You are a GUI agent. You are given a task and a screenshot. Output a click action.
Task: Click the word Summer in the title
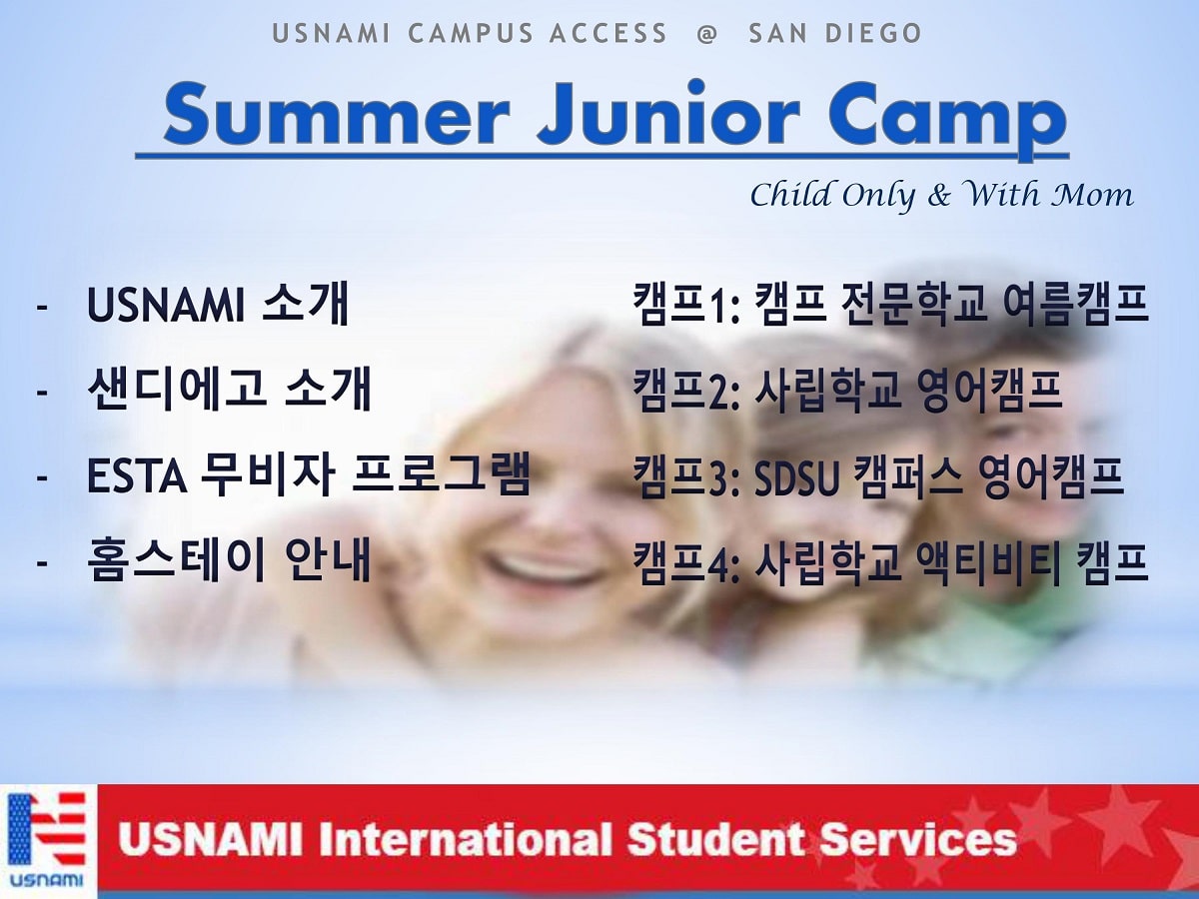pos(337,116)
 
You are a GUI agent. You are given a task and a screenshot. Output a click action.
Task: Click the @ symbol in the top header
pos(706,34)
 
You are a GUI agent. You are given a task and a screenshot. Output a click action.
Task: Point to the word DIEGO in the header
pos(873,33)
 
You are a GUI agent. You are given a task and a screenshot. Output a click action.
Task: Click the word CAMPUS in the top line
pos(471,33)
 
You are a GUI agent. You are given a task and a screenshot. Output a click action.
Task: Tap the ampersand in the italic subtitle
pos(939,195)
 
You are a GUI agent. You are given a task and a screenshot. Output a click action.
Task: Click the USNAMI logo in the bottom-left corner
pos(47,841)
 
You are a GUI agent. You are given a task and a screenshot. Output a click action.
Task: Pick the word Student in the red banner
pos(715,839)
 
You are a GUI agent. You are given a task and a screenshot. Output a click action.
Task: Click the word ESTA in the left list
pos(137,476)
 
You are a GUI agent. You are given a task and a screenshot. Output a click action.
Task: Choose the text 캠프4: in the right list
pos(686,563)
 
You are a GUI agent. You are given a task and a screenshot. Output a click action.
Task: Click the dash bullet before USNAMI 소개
pos(42,307)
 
